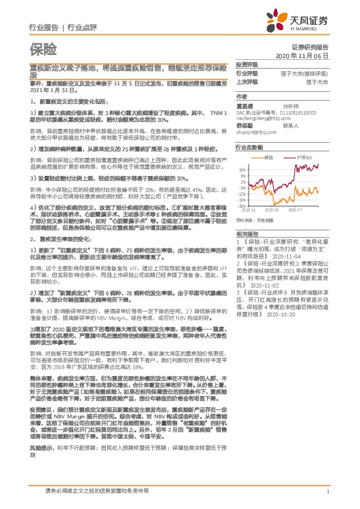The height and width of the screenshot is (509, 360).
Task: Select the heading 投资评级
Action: point(247,64)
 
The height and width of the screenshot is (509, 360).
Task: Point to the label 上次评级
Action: point(247,81)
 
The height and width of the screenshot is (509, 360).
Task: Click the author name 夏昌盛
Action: point(244,105)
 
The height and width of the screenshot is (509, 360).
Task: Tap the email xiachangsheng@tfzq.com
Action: point(262,118)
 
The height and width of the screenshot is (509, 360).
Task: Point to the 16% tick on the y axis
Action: point(243,169)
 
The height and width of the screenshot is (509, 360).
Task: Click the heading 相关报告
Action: point(247,234)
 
